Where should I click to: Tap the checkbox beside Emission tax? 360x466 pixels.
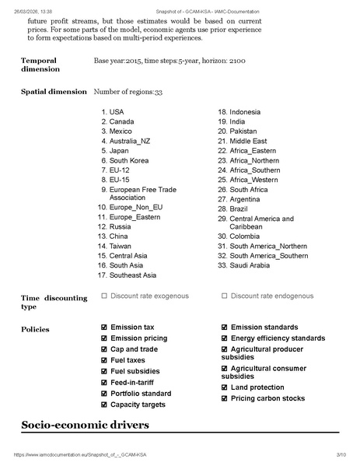104,328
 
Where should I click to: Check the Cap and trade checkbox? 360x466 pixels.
104,349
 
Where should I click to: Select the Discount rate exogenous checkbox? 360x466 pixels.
104,296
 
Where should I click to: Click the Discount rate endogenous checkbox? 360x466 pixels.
224,296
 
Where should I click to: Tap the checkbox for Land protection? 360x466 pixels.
224,387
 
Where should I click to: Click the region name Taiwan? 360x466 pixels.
120,246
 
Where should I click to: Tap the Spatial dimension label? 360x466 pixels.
54,92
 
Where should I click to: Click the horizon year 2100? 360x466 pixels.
237,60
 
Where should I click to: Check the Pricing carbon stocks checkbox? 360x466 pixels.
224,398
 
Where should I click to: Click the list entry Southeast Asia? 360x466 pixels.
132,275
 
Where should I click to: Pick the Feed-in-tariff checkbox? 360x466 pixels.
104,383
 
